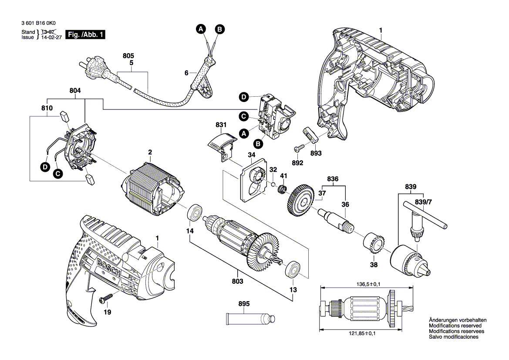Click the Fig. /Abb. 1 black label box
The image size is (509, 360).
(85, 34)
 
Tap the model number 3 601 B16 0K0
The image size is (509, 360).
(38, 23)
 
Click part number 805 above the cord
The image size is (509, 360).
(128, 56)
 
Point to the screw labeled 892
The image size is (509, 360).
(299, 148)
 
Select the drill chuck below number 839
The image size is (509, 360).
(411, 262)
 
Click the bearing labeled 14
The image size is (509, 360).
(195, 213)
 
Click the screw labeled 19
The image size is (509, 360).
(106, 298)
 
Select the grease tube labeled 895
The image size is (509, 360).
(250, 319)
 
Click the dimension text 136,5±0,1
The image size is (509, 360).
(368, 284)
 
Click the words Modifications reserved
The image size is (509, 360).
(455, 326)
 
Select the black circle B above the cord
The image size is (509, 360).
(220, 29)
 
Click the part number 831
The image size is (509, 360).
(221, 125)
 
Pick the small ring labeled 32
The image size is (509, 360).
(273, 185)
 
